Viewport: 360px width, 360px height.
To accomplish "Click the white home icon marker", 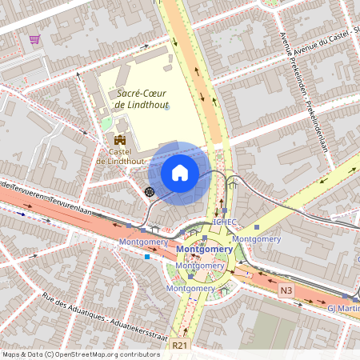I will tap(180, 172).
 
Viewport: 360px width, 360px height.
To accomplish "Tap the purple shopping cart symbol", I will tap(34, 38).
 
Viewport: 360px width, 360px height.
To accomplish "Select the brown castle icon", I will tap(120, 142).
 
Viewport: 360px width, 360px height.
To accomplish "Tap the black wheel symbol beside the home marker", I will tap(149, 191).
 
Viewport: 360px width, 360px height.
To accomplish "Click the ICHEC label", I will tap(225, 222).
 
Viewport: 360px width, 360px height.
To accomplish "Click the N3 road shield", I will tap(286, 290).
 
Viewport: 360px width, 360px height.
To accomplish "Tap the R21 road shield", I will tap(178, 346).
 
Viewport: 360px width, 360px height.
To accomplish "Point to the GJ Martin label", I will tap(342, 307).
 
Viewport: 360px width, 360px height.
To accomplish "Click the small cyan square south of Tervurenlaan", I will tap(147, 257).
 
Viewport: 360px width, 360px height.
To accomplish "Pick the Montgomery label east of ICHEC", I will tap(257, 238).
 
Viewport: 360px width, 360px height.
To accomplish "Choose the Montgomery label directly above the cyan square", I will tap(143, 242).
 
